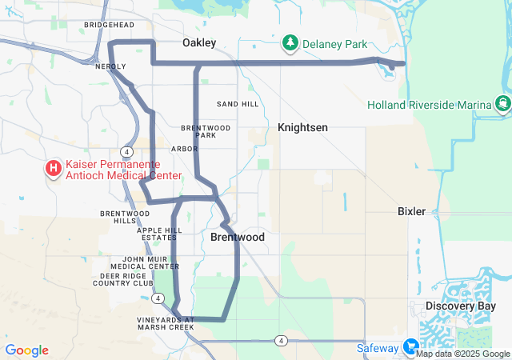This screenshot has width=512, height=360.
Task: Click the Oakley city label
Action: click(x=199, y=42)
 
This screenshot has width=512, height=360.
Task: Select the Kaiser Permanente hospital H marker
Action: click(x=54, y=168)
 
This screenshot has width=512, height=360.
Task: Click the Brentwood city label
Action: click(x=238, y=238)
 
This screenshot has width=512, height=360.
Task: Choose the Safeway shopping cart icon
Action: click(x=411, y=347)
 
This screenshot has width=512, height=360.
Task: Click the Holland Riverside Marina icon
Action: click(x=502, y=104)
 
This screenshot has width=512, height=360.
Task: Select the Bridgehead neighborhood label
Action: click(x=109, y=26)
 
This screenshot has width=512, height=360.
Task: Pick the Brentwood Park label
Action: click(x=206, y=131)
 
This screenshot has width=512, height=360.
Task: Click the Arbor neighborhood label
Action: click(x=184, y=149)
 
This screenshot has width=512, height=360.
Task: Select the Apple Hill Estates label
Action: click(x=161, y=234)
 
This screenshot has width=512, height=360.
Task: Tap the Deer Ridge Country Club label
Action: click(x=122, y=279)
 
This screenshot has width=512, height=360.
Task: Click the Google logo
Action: click(x=26, y=350)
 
